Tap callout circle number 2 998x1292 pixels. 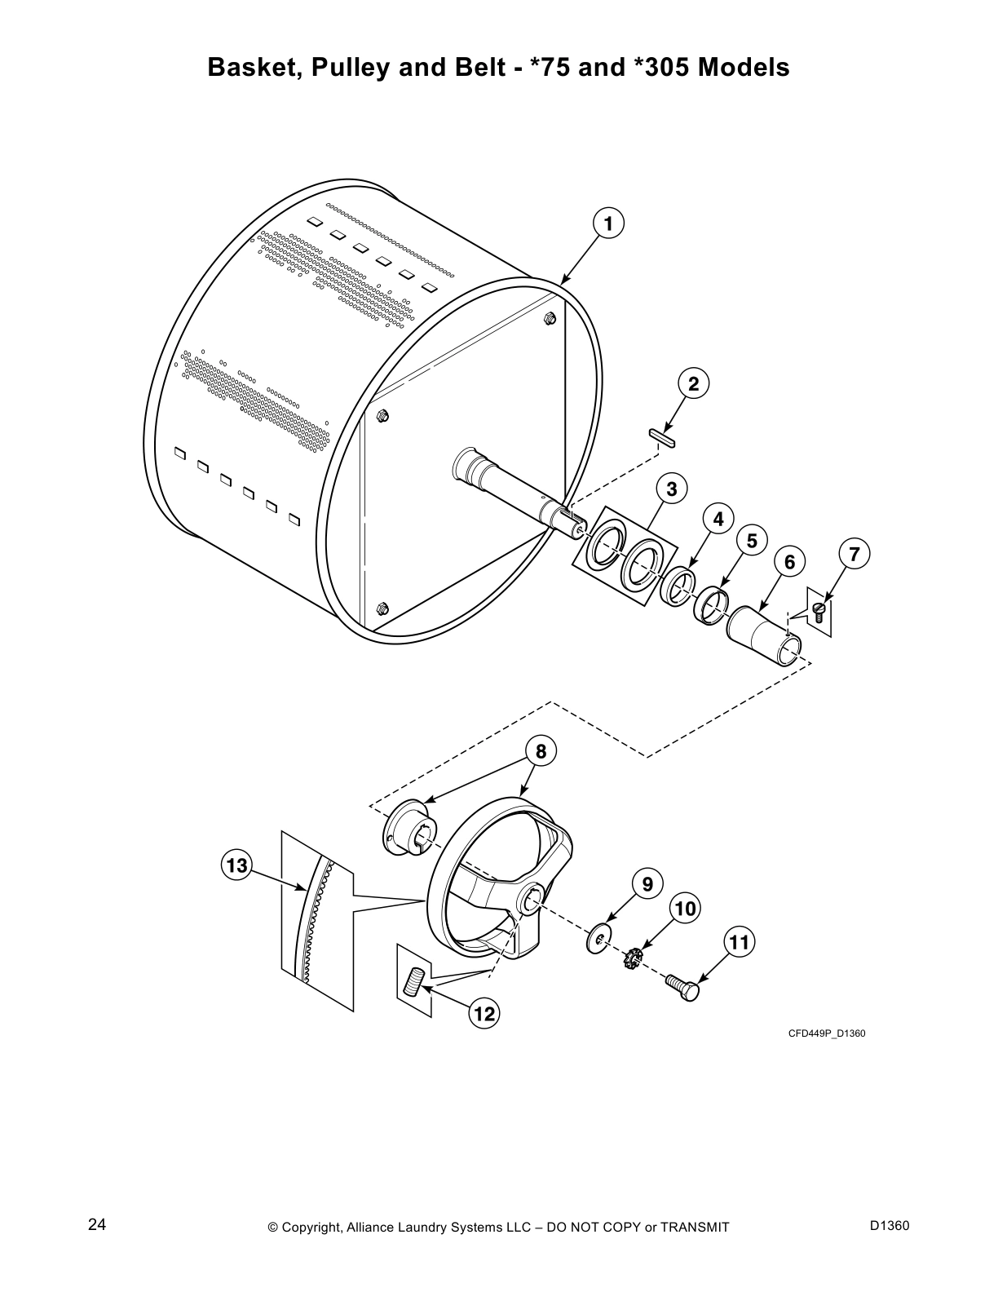[x=693, y=383]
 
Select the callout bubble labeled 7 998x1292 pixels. [x=854, y=555]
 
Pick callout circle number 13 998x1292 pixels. [x=236, y=865]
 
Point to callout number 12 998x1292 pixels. [x=484, y=1014]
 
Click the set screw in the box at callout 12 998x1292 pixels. [x=414, y=980]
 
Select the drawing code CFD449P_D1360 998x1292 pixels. [x=826, y=1034]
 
